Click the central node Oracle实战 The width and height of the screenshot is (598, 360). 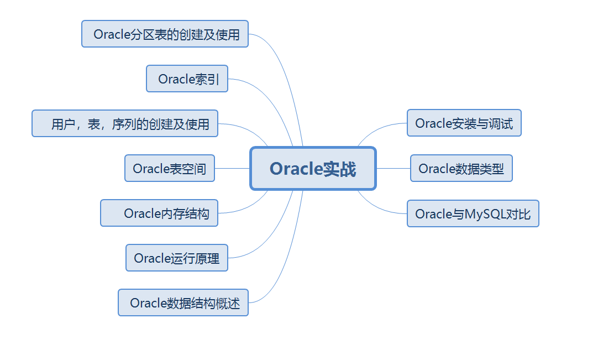(x=313, y=168)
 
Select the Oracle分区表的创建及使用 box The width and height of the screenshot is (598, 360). (x=165, y=34)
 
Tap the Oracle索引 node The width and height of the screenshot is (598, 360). (x=187, y=79)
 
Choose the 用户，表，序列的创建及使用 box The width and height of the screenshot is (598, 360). (x=125, y=123)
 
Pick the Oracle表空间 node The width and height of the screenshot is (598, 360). (x=169, y=168)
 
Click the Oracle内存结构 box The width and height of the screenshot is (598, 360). (x=159, y=213)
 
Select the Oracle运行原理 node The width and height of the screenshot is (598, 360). (x=176, y=258)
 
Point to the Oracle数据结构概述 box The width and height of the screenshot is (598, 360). (x=183, y=302)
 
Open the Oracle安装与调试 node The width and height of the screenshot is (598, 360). (x=464, y=123)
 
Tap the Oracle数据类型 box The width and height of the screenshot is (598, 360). (x=461, y=168)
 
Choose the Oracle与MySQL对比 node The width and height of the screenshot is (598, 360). (x=473, y=213)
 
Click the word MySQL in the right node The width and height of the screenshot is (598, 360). (x=485, y=214)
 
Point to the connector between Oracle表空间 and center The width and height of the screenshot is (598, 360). (x=232, y=168)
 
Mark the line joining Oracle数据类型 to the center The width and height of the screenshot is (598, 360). (x=393, y=168)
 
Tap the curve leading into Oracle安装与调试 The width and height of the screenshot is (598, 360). (x=381, y=128)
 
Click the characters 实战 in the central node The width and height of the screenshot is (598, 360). (x=340, y=169)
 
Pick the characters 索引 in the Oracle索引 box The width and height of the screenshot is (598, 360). (x=208, y=79)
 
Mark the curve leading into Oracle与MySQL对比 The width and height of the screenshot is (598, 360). (x=381, y=208)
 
